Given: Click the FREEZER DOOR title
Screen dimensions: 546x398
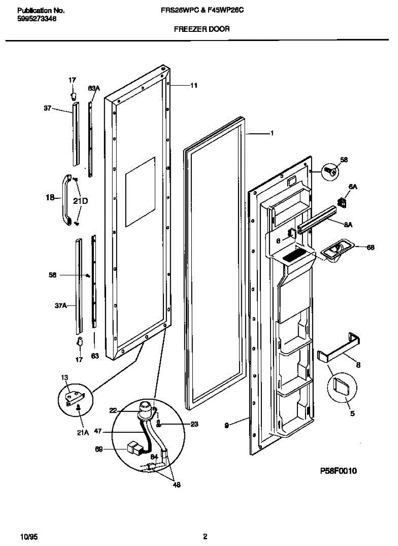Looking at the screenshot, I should [202, 29].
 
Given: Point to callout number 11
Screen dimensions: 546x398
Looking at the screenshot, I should [194, 85].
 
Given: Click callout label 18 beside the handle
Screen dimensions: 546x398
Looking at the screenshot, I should [50, 198].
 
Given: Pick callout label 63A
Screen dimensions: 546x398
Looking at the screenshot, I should [93, 88].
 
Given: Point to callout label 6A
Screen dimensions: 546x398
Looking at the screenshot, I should [353, 187].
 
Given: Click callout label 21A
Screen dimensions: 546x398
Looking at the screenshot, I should [82, 433].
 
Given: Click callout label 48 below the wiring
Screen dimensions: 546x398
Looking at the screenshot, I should [176, 485].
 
